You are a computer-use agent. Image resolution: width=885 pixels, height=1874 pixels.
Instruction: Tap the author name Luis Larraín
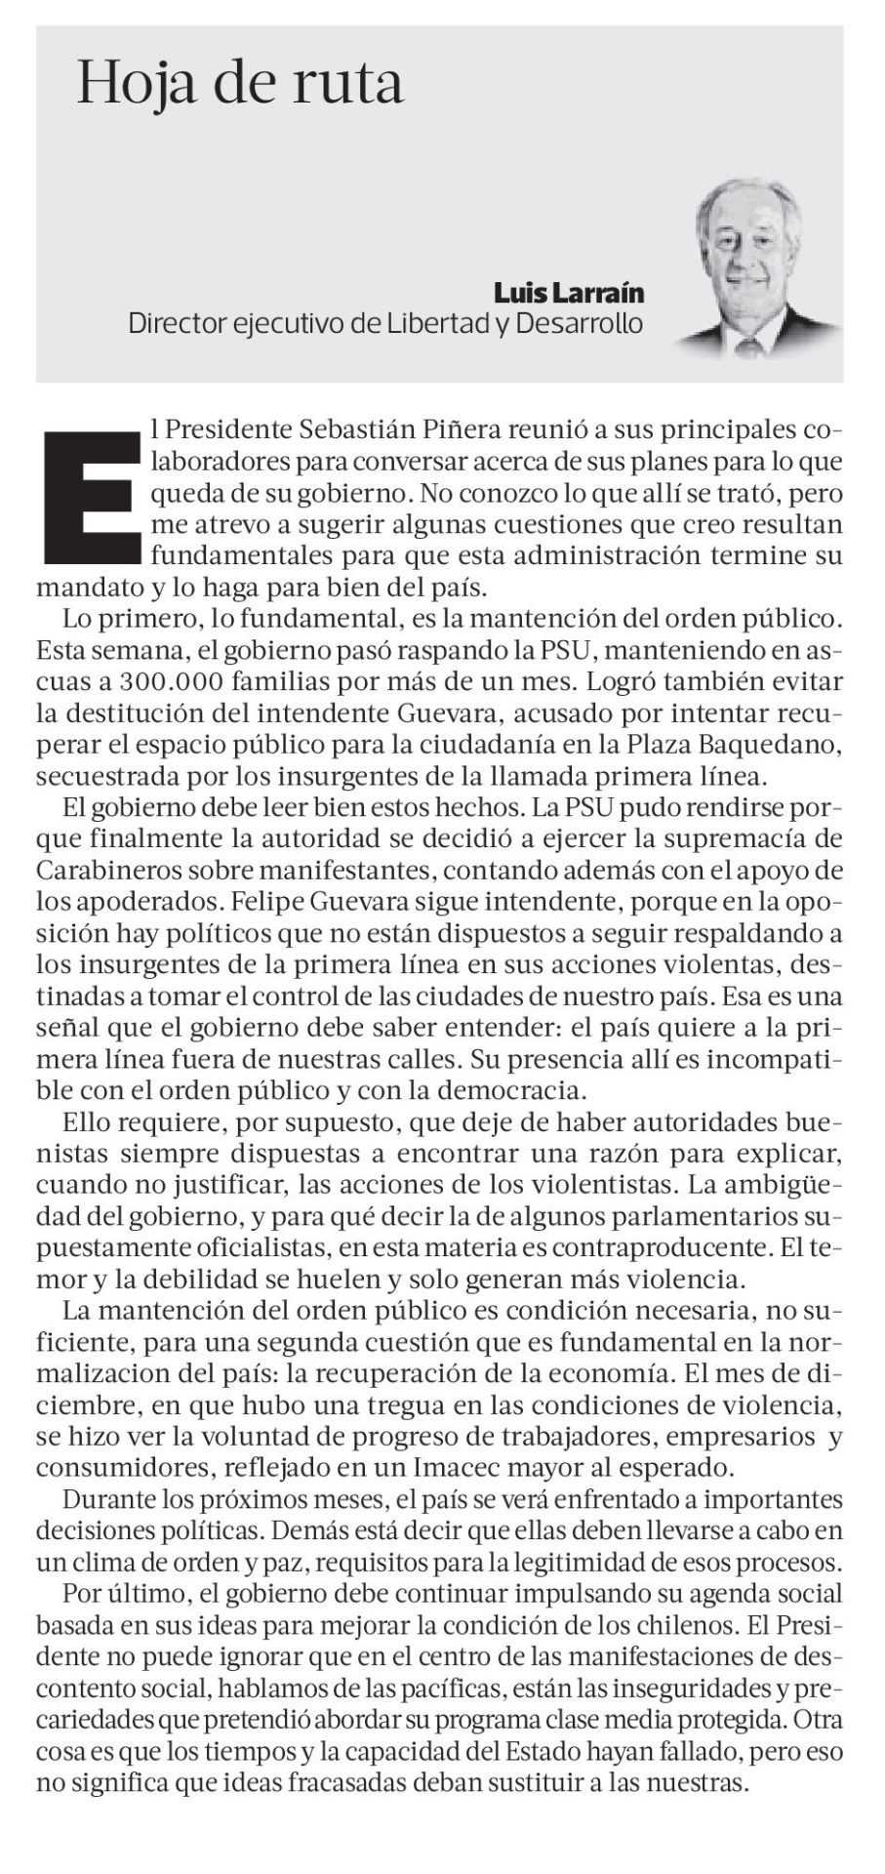[x=569, y=293]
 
